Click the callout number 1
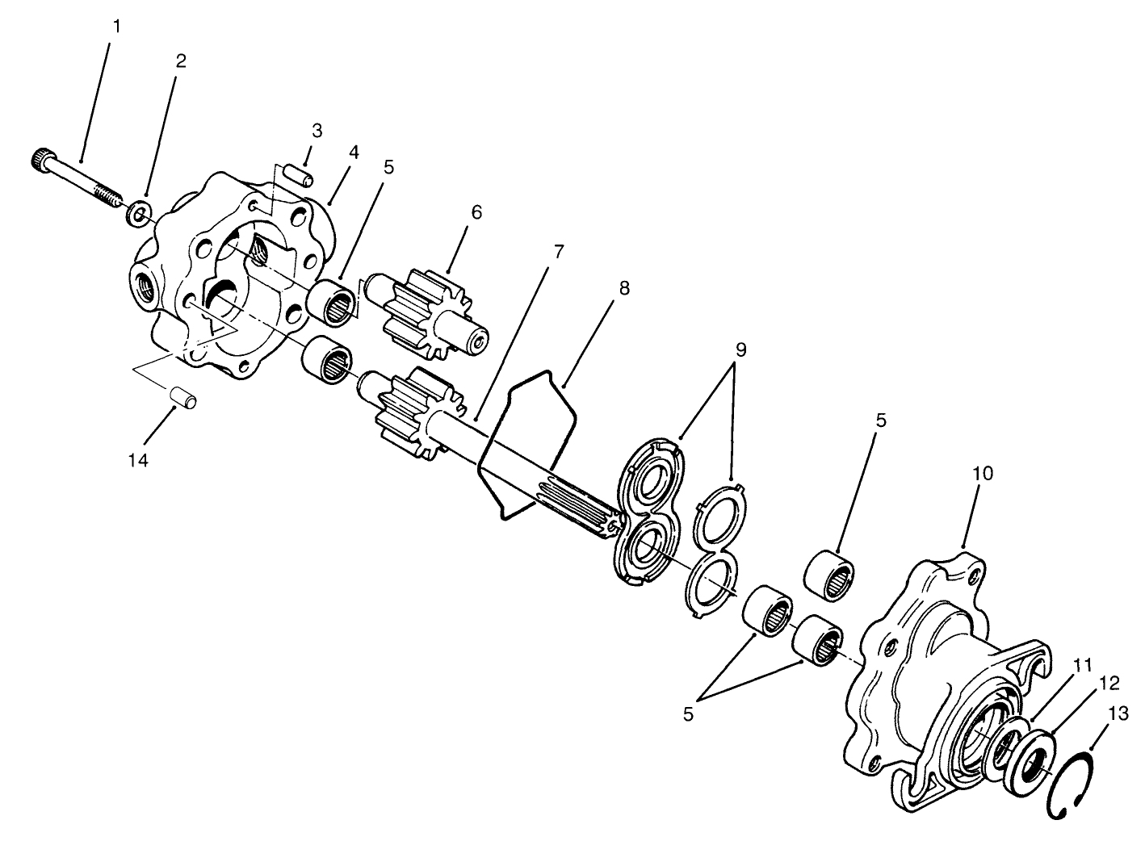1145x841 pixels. click(116, 26)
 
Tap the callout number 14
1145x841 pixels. click(139, 460)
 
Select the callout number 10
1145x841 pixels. click(983, 473)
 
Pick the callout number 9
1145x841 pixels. click(740, 349)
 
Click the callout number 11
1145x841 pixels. click(1082, 665)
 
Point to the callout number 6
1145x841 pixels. click(476, 212)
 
